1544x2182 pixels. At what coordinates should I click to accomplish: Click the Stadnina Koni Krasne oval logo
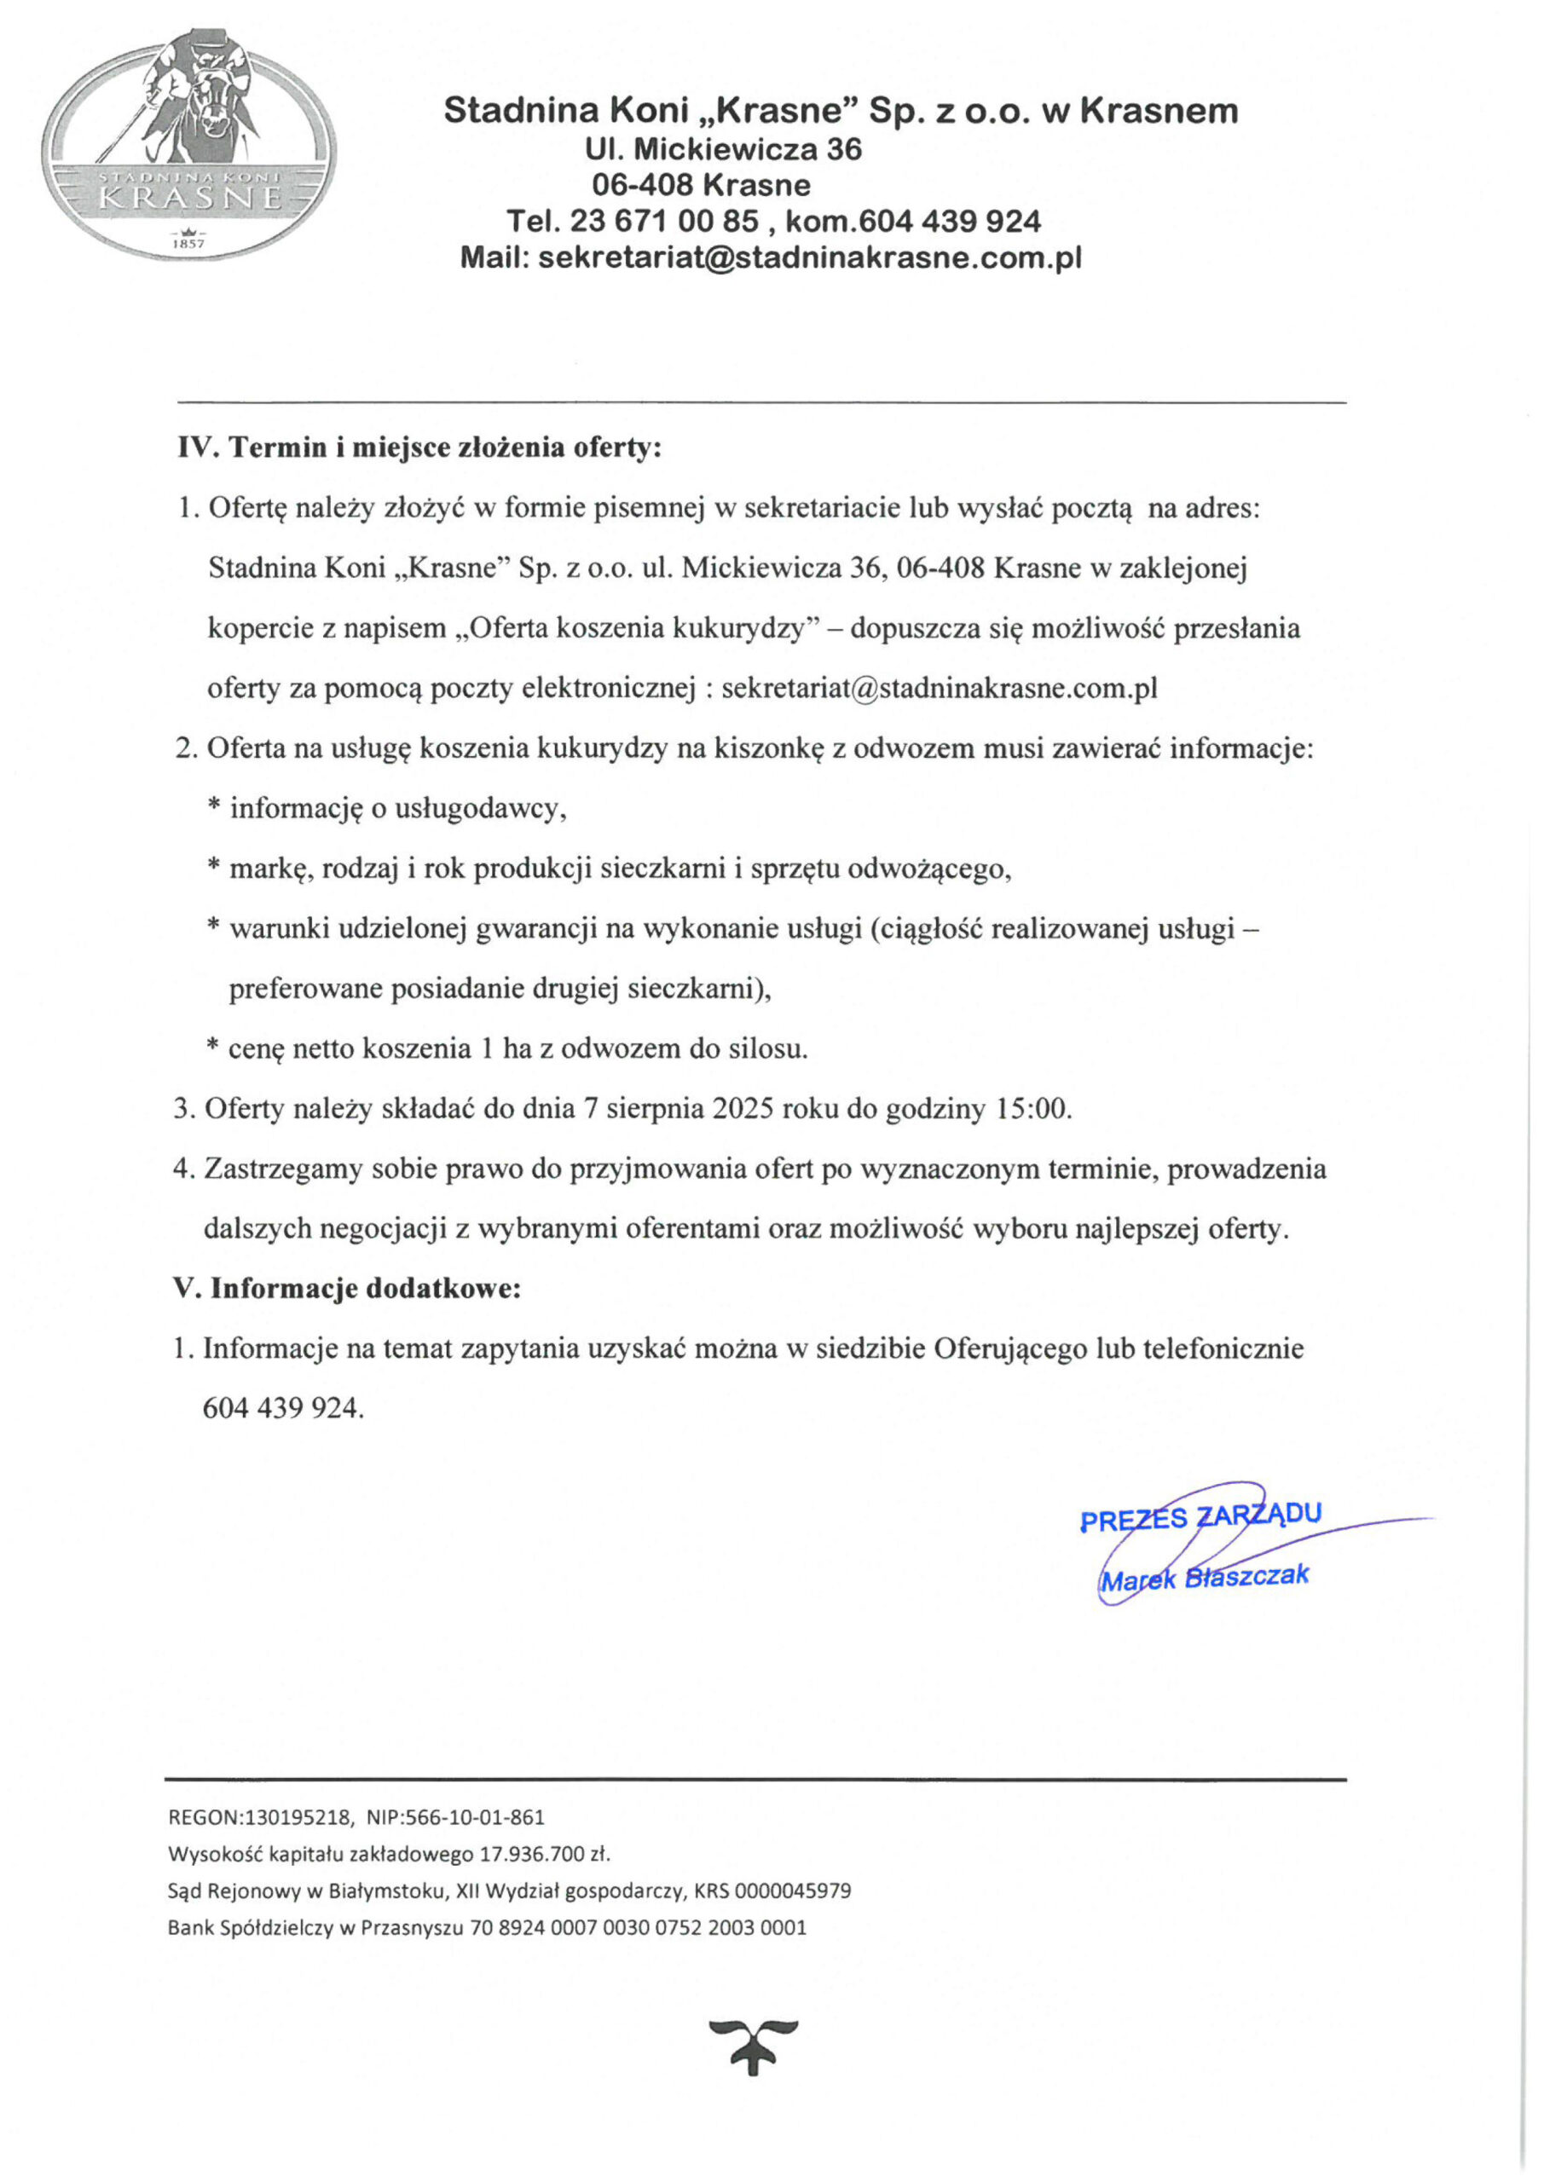(x=189, y=142)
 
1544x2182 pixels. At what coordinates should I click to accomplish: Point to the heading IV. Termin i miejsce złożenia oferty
(x=419, y=447)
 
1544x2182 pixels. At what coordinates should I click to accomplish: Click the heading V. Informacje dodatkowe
(x=347, y=1289)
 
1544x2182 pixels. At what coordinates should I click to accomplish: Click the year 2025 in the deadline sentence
(x=741, y=1109)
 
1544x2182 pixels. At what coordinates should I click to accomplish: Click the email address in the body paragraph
(x=940, y=689)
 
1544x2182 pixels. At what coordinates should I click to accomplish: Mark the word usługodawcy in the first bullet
(x=480, y=809)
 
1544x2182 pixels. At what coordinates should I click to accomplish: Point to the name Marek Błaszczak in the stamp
(x=1204, y=1577)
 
